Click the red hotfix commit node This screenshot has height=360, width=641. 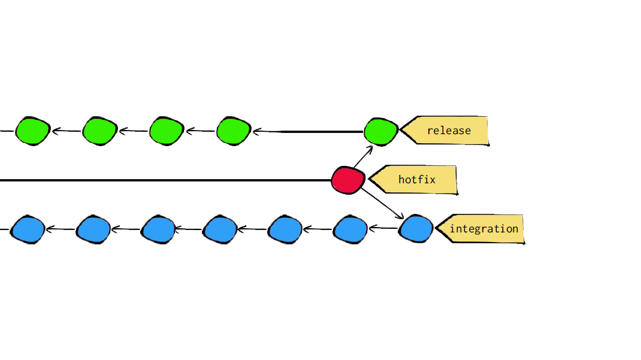point(349,180)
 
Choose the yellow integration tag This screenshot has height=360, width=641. point(482,229)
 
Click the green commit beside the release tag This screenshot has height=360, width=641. point(381,131)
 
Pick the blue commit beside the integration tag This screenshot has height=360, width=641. point(416,229)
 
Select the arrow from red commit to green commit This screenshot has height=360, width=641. point(363,157)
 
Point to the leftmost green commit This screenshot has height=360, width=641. point(32,131)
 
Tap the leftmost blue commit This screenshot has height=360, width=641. point(28,229)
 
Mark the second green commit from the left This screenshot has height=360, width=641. point(99,131)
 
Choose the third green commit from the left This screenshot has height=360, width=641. point(166,131)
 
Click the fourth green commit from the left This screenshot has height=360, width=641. point(233,131)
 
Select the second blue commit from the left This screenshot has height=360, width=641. point(93,229)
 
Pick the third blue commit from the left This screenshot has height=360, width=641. point(158,229)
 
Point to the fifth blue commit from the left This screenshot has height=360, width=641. point(285,229)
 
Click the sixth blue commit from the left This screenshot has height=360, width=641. point(350,229)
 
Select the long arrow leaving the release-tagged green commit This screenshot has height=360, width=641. point(309,131)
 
